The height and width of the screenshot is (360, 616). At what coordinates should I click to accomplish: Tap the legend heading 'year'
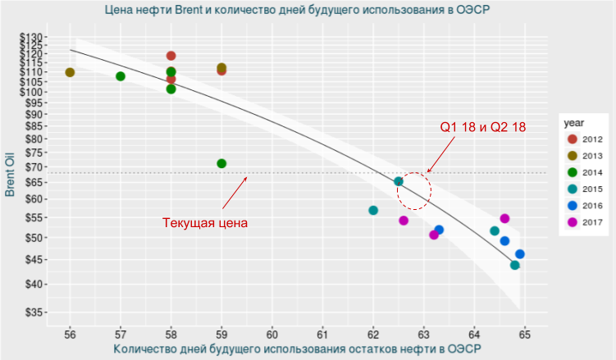point(573,122)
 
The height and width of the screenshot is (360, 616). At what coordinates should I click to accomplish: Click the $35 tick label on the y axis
point(35,312)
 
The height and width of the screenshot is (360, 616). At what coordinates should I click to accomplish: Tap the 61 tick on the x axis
point(322,335)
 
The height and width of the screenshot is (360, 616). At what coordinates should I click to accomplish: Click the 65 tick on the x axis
point(524,335)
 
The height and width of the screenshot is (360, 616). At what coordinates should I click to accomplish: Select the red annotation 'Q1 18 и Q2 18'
point(482,127)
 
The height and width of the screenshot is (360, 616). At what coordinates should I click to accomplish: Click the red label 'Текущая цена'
point(205,222)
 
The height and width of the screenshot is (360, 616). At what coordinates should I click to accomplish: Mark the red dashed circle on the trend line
point(413,190)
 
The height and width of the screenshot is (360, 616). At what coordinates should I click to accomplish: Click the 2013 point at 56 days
point(70,72)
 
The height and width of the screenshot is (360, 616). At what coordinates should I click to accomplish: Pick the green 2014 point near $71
point(221,163)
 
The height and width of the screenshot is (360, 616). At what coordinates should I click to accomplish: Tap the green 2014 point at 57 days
point(121,76)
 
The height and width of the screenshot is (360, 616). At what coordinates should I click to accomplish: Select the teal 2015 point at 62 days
point(373,211)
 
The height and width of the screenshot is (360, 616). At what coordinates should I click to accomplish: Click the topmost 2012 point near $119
point(171,56)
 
